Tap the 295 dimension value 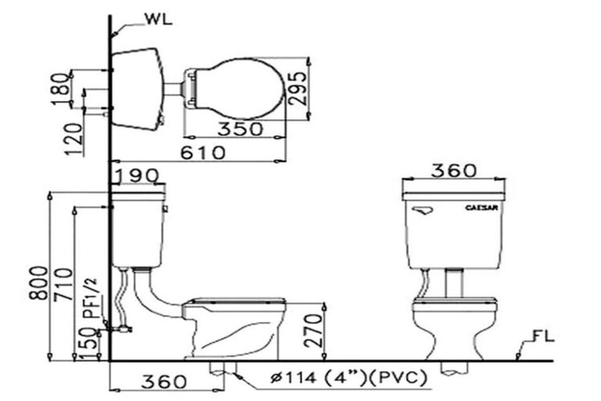(321, 87)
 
